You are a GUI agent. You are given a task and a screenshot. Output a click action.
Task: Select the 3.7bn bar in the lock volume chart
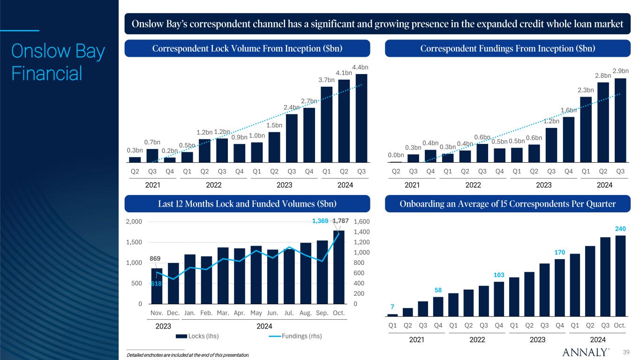(326, 124)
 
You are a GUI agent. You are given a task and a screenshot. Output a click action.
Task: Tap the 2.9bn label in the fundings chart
(620, 71)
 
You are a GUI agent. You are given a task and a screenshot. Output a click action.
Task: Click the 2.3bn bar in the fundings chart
(586, 129)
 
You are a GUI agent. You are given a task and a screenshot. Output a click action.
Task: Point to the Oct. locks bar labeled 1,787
(339, 267)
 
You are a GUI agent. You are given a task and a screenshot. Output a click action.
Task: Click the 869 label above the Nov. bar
(155, 258)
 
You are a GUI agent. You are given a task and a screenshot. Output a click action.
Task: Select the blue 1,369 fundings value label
(321, 220)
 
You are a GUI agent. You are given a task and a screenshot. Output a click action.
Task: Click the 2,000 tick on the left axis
(135, 222)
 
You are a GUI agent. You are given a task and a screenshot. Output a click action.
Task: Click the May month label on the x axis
(256, 313)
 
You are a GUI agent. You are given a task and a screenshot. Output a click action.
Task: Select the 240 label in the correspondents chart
(620, 228)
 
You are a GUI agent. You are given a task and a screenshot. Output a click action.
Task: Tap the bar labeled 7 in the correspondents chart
(392, 315)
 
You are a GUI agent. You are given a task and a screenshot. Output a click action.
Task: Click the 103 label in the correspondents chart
(499, 275)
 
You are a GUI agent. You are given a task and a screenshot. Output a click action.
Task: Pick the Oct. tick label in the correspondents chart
(620, 325)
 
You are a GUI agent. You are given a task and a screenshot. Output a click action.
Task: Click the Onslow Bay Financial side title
(58, 62)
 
